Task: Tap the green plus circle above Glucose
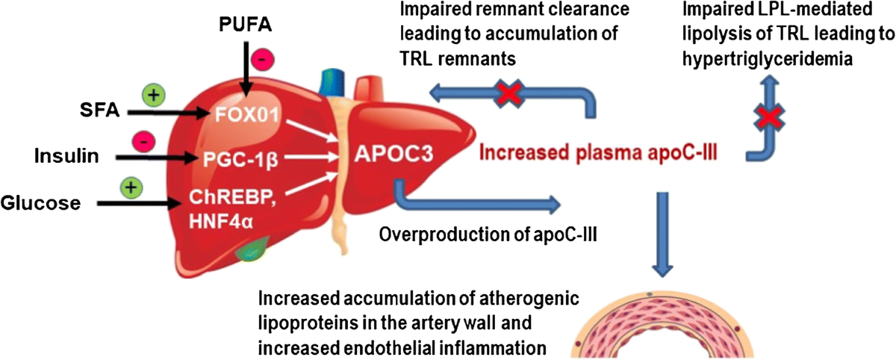tap(131, 187)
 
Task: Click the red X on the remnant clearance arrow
tap(509, 94)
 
